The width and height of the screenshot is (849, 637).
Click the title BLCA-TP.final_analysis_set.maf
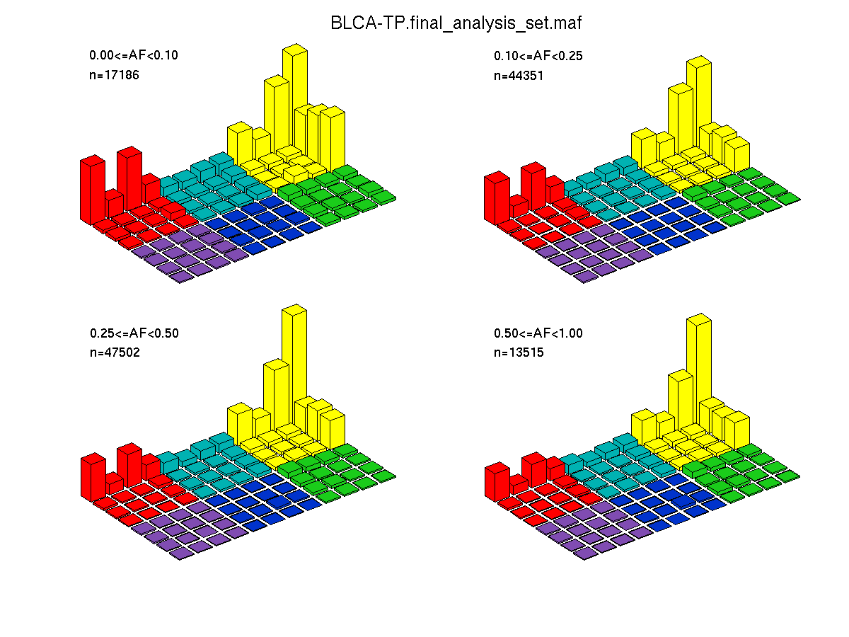[x=456, y=23]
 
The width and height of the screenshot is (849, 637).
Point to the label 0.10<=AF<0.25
[x=538, y=56]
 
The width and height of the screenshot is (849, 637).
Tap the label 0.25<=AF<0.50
[x=134, y=333]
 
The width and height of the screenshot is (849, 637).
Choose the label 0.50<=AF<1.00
[x=538, y=333]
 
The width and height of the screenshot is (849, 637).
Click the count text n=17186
[x=114, y=74]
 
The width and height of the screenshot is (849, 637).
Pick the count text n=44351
[x=519, y=75]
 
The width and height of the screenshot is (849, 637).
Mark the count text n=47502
[x=115, y=352]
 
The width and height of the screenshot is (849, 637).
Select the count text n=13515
[x=519, y=352]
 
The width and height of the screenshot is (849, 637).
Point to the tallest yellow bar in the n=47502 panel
[x=294, y=368]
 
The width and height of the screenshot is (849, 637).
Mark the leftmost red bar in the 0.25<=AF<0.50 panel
[x=92, y=478]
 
